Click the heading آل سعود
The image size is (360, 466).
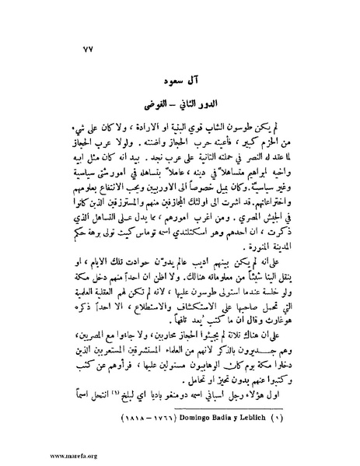click(x=181, y=80)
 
